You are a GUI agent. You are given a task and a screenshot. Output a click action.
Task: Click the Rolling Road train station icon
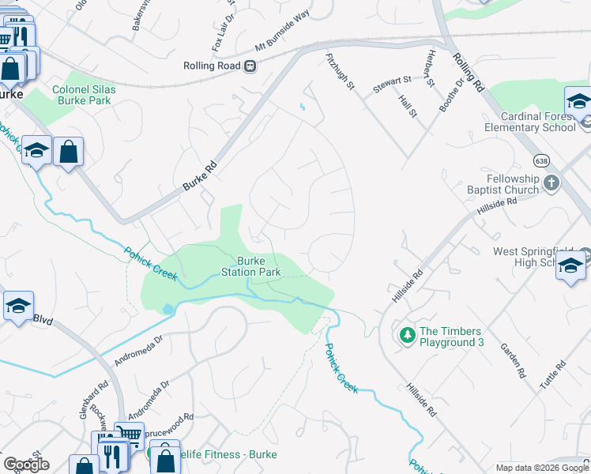pyautogui.click(x=250, y=66)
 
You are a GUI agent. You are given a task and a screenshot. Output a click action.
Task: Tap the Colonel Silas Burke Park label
pyautogui.click(x=84, y=95)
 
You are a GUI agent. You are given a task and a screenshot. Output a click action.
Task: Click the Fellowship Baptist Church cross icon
pyautogui.click(x=551, y=183)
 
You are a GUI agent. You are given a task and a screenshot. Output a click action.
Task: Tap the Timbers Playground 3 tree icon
pyautogui.click(x=408, y=336)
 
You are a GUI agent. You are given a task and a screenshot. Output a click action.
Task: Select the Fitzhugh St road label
pyautogui.click(x=340, y=72)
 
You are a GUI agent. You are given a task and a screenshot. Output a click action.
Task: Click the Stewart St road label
pyautogui.click(x=393, y=81)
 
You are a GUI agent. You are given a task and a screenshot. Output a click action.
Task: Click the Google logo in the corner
pyautogui.click(x=26, y=465)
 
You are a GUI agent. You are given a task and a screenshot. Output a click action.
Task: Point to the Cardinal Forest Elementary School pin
pyautogui.click(x=578, y=103)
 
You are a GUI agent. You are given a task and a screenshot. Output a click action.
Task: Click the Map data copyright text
pyautogui.click(x=542, y=468)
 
